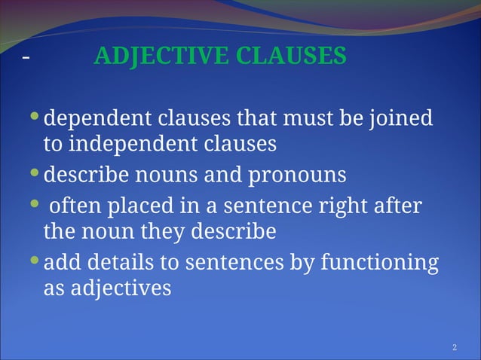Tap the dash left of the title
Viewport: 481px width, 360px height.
(x=26, y=58)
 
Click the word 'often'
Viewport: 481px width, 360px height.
(x=76, y=205)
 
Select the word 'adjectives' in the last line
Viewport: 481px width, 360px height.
(x=121, y=288)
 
